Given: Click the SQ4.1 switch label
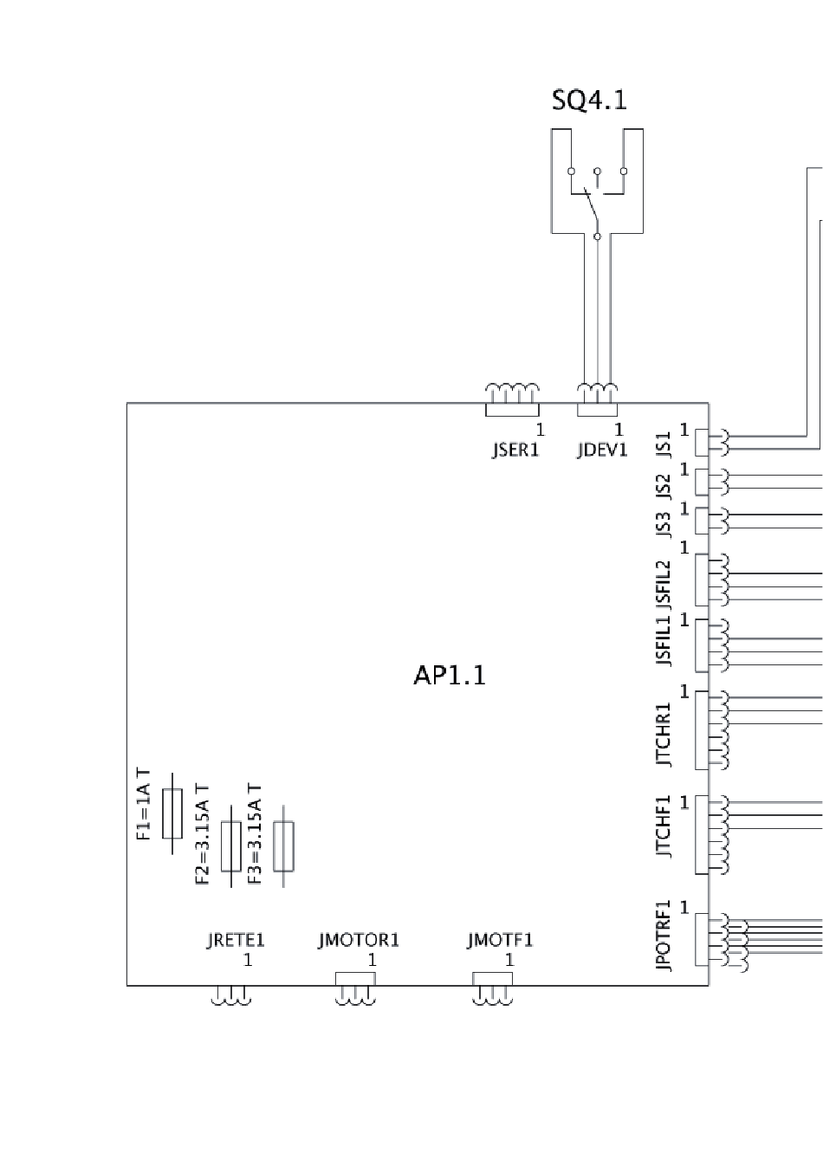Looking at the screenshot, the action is coord(589,100).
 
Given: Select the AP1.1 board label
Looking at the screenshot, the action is coord(450,676).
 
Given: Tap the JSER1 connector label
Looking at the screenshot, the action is coord(515,450).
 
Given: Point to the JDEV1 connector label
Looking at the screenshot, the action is coord(602,450).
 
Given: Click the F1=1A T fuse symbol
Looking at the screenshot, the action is coord(172,813).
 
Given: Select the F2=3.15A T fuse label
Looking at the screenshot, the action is coord(202,835).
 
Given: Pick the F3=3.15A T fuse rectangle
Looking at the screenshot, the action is coord(283,846).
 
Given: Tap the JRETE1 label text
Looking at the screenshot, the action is coord(236,941).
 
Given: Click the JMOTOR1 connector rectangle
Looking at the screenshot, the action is coord(355,979).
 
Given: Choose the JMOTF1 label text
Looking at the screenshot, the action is coord(500,941).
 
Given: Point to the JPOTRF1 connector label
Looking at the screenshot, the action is coord(664,936).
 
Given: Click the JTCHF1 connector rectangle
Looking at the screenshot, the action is coord(702,835).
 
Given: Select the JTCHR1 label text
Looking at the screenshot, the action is coord(664,735).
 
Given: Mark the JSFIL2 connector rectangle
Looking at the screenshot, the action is coord(702,580).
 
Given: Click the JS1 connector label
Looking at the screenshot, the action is coord(664,444).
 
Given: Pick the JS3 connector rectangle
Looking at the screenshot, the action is coord(702,521).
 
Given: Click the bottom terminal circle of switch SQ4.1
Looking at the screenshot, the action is coord(597,236).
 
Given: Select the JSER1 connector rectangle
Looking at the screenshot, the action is coord(512,410).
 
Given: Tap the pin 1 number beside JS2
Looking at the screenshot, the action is coord(684,470).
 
